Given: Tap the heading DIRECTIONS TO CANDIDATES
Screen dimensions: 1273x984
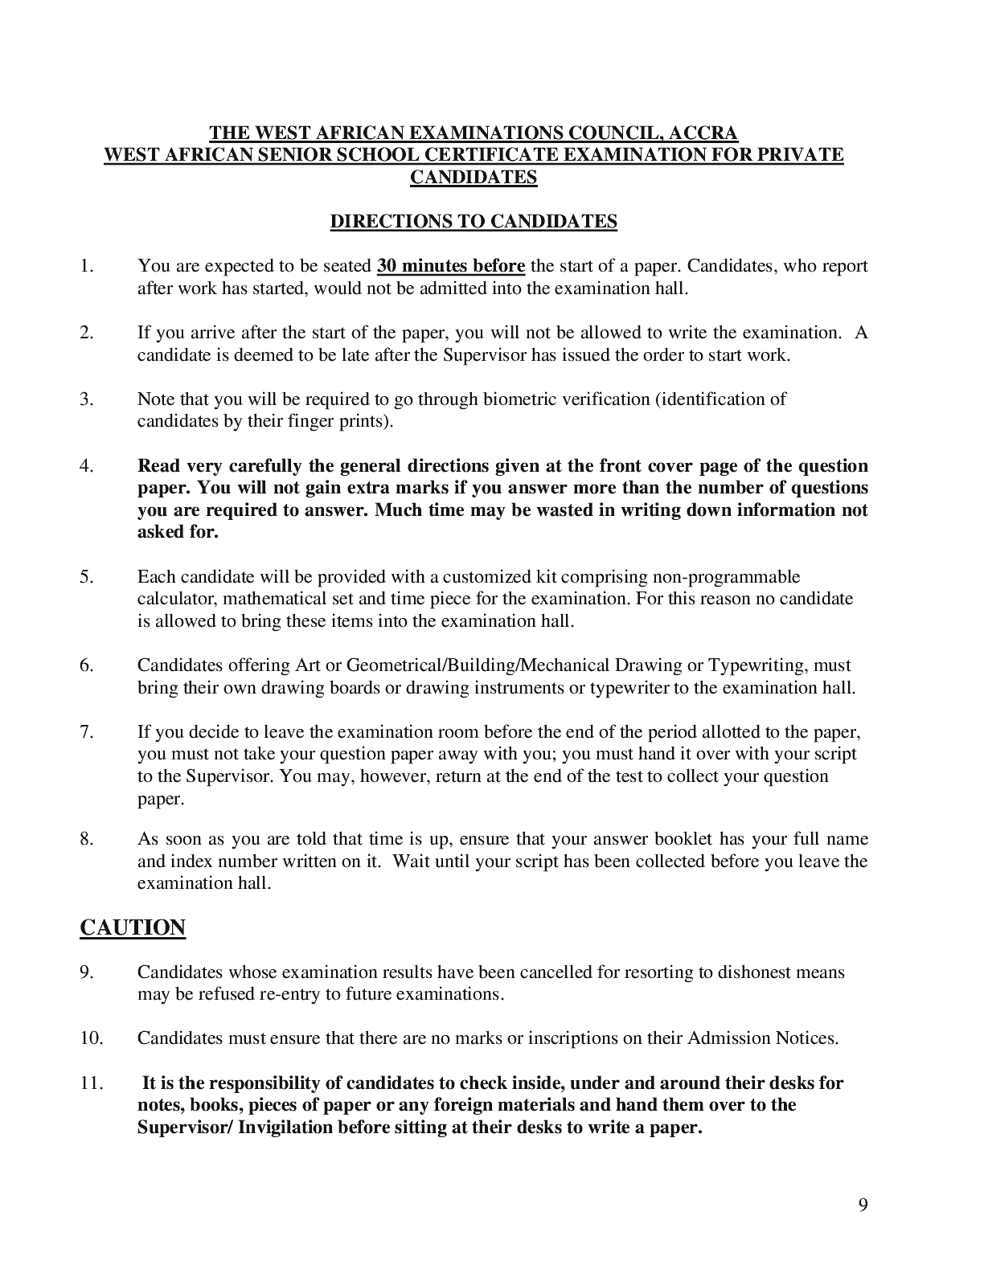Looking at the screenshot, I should (474, 222).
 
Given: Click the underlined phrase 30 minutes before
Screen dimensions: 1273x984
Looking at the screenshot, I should (451, 266).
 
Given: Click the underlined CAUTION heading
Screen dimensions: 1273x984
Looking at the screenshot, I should (133, 927).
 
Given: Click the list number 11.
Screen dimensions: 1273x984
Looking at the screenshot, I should (91, 1083).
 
